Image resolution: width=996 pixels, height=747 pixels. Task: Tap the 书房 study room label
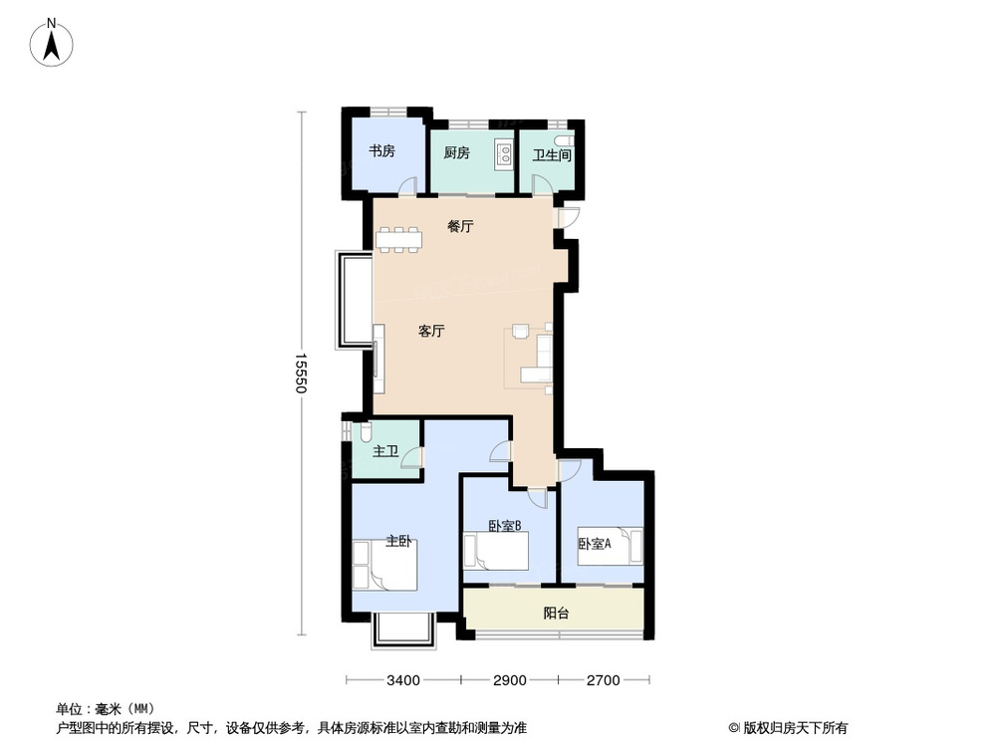click(x=382, y=151)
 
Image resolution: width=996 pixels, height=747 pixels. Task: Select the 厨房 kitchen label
click(x=457, y=153)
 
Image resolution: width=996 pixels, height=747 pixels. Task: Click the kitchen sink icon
click(x=504, y=153)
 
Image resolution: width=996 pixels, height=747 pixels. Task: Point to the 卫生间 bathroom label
click(x=552, y=155)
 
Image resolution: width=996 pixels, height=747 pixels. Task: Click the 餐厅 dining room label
click(x=460, y=226)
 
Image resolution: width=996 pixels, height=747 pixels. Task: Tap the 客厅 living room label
click(x=431, y=332)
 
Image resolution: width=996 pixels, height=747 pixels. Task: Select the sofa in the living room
click(x=542, y=359)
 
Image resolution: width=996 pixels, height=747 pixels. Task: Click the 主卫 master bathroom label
click(x=385, y=452)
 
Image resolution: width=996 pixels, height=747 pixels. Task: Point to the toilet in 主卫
click(x=365, y=432)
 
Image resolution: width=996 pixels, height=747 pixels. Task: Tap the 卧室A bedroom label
click(x=595, y=544)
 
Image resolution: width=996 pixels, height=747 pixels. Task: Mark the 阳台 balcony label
click(x=557, y=614)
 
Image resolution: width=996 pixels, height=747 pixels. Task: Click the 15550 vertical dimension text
click(x=299, y=373)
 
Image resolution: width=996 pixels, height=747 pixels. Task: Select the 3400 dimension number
click(x=402, y=681)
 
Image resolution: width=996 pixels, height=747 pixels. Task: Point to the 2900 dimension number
click(x=509, y=681)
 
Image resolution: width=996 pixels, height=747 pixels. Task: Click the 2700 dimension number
click(x=604, y=681)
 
